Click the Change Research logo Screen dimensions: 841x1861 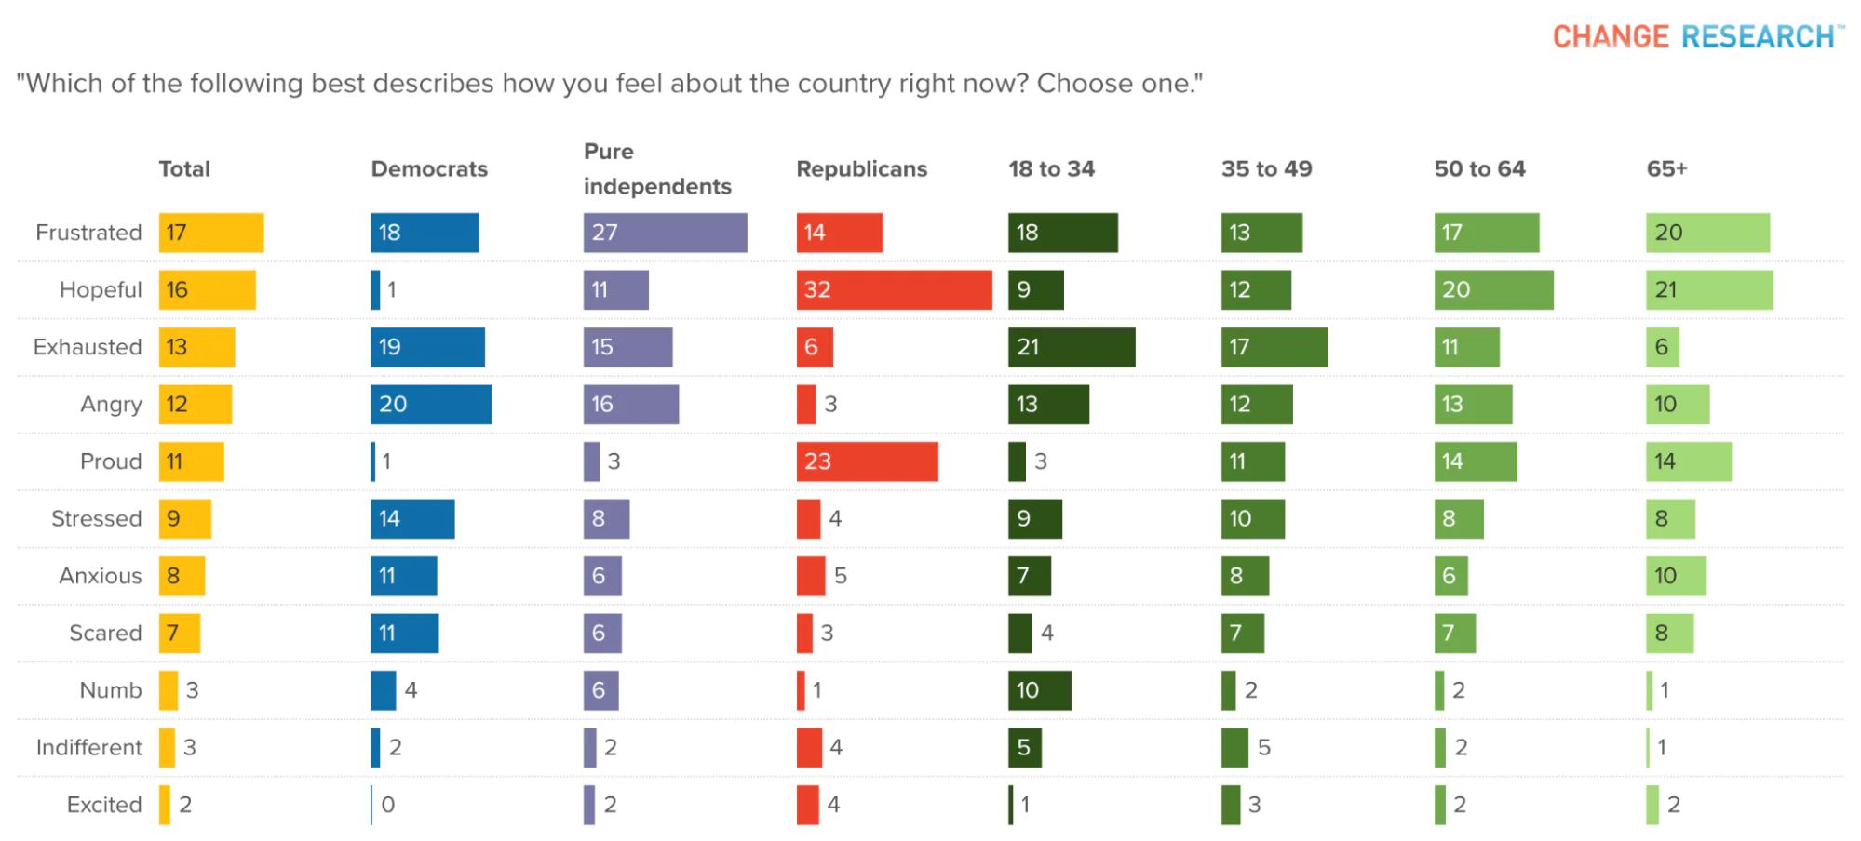pyautogui.click(x=1696, y=36)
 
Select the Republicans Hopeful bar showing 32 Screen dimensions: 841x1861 pyautogui.click(x=894, y=289)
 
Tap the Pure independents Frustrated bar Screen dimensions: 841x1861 pyautogui.click(x=665, y=233)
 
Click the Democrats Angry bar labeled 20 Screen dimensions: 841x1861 pyautogui.click(x=430, y=404)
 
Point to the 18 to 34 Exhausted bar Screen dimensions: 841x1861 pyautogui.click(x=1071, y=347)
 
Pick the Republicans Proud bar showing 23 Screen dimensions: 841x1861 pyautogui.click(x=867, y=461)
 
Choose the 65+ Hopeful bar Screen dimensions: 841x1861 pyautogui.click(x=1709, y=289)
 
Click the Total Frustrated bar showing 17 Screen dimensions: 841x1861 pyautogui.click(x=210, y=233)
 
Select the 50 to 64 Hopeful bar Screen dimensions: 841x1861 pyautogui.click(x=1493, y=289)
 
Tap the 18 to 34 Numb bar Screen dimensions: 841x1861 pyautogui.click(x=1039, y=690)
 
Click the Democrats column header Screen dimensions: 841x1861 pyautogui.click(x=429, y=169)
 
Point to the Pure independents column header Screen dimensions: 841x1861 pyautogui.click(x=657, y=169)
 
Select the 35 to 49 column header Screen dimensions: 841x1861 pyautogui.click(x=1266, y=169)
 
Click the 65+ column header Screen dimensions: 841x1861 pyautogui.click(x=1666, y=169)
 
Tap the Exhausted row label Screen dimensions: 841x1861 pyautogui.click(x=88, y=347)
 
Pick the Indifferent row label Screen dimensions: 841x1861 pyautogui.click(x=89, y=747)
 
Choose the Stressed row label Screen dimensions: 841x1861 pyautogui.click(x=96, y=518)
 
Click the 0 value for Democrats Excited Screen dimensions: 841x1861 pyautogui.click(x=388, y=805)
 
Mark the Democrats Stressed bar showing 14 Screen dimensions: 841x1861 pyautogui.click(x=412, y=518)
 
